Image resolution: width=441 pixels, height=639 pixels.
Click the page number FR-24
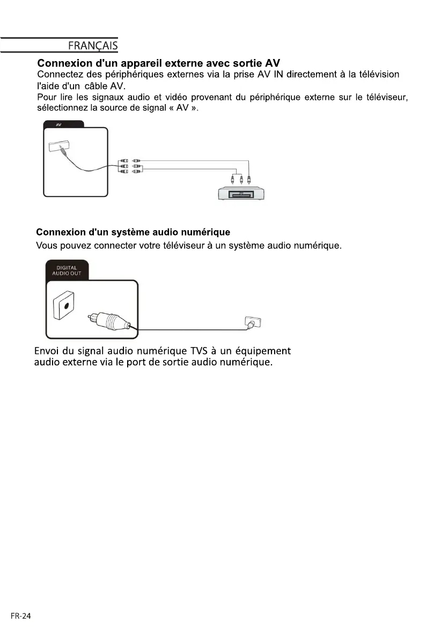coord(20,616)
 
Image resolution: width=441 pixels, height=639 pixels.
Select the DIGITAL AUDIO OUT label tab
coord(67,270)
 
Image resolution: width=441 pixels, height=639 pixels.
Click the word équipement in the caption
coord(260,351)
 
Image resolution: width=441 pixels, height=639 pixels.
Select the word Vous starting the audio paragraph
coord(46,246)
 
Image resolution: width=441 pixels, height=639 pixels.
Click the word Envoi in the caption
coord(46,351)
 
